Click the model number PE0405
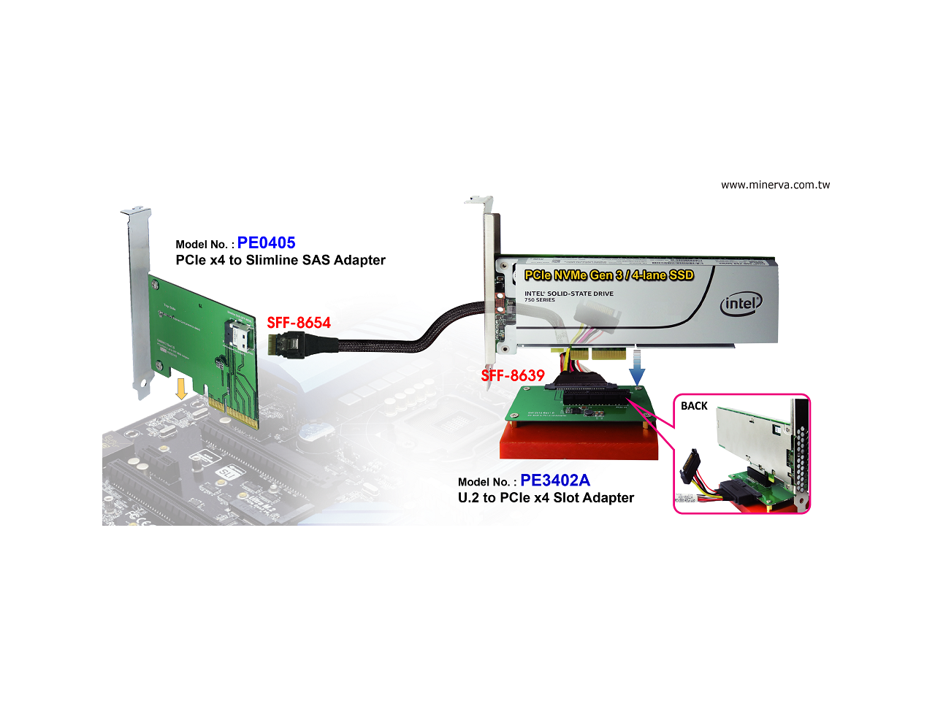pos(266,243)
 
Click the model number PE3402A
pos(555,480)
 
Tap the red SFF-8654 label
pos(299,323)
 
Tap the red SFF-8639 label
pos(513,375)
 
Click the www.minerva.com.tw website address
pos(775,185)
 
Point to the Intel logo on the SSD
pos(741,303)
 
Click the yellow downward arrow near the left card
pos(181,388)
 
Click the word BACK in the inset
pos(694,406)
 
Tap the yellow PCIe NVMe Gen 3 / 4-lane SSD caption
pos(608,275)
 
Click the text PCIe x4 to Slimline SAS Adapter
pos(280,261)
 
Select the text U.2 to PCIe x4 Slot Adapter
pos(546,498)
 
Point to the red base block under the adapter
pos(577,442)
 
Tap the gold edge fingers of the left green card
pos(234,413)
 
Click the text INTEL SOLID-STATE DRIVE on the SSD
pos(569,294)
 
